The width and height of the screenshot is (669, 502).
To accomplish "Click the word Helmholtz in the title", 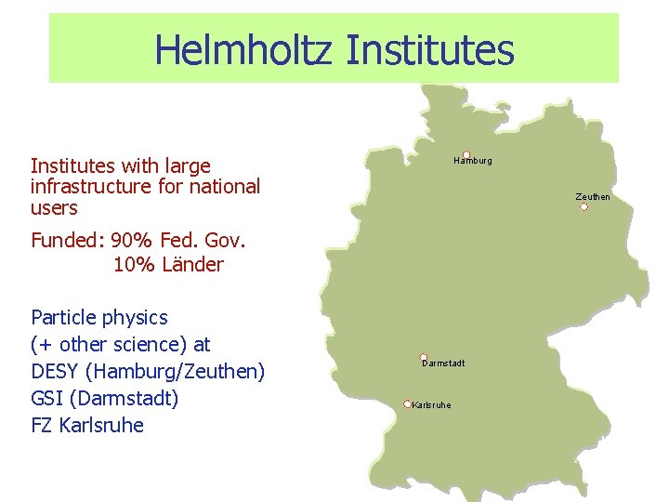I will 243,49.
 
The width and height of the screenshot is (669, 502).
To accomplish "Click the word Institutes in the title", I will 429,49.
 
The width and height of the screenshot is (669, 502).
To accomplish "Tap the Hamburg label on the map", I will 474,161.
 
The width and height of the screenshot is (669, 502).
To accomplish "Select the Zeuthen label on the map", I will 593,196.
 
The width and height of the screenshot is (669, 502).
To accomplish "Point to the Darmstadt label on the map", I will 444,363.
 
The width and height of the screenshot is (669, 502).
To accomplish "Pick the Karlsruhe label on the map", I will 431,405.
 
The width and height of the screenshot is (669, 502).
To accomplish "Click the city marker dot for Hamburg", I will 466,154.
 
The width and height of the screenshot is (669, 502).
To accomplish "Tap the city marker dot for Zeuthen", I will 584,206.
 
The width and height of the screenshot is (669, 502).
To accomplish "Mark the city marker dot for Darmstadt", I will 424,357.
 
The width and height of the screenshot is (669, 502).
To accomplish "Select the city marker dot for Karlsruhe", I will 407,403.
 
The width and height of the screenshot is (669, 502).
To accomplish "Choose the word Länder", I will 192,264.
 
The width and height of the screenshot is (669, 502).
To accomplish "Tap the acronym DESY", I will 55,372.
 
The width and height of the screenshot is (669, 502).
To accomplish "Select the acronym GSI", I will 46,399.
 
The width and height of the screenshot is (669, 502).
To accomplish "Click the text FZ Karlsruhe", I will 87,426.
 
